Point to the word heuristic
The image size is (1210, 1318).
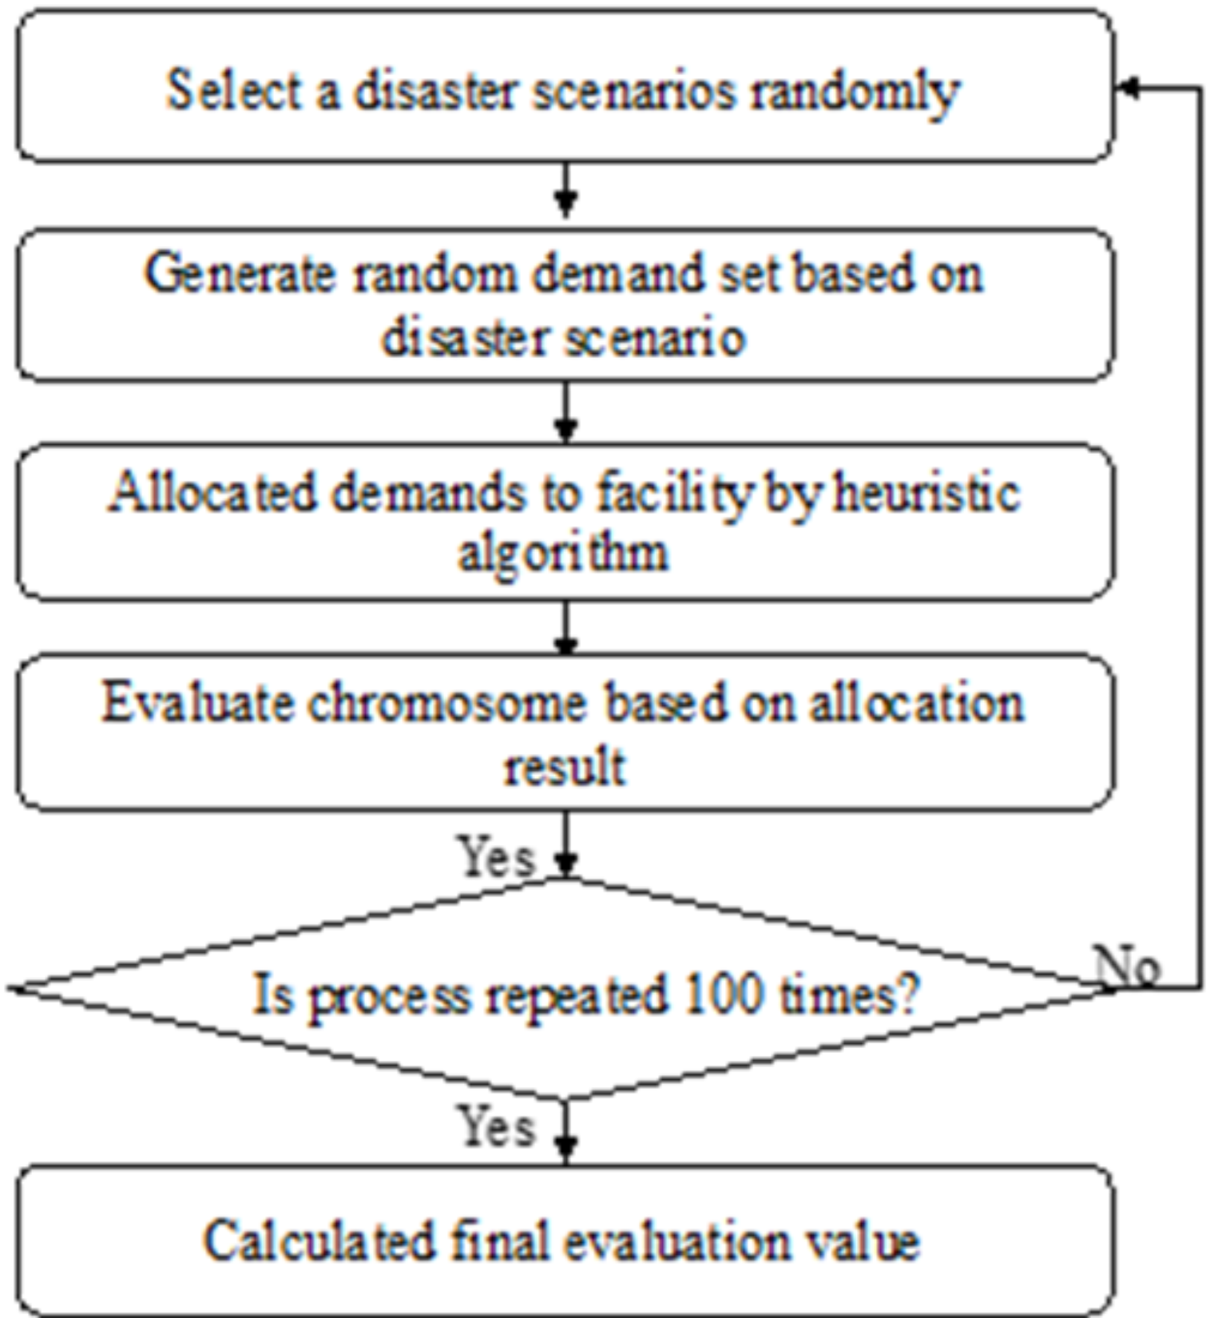pyautogui.click(x=928, y=493)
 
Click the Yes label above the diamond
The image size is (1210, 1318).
pyautogui.click(x=497, y=856)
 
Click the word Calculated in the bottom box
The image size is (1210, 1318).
pyautogui.click(x=319, y=1241)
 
